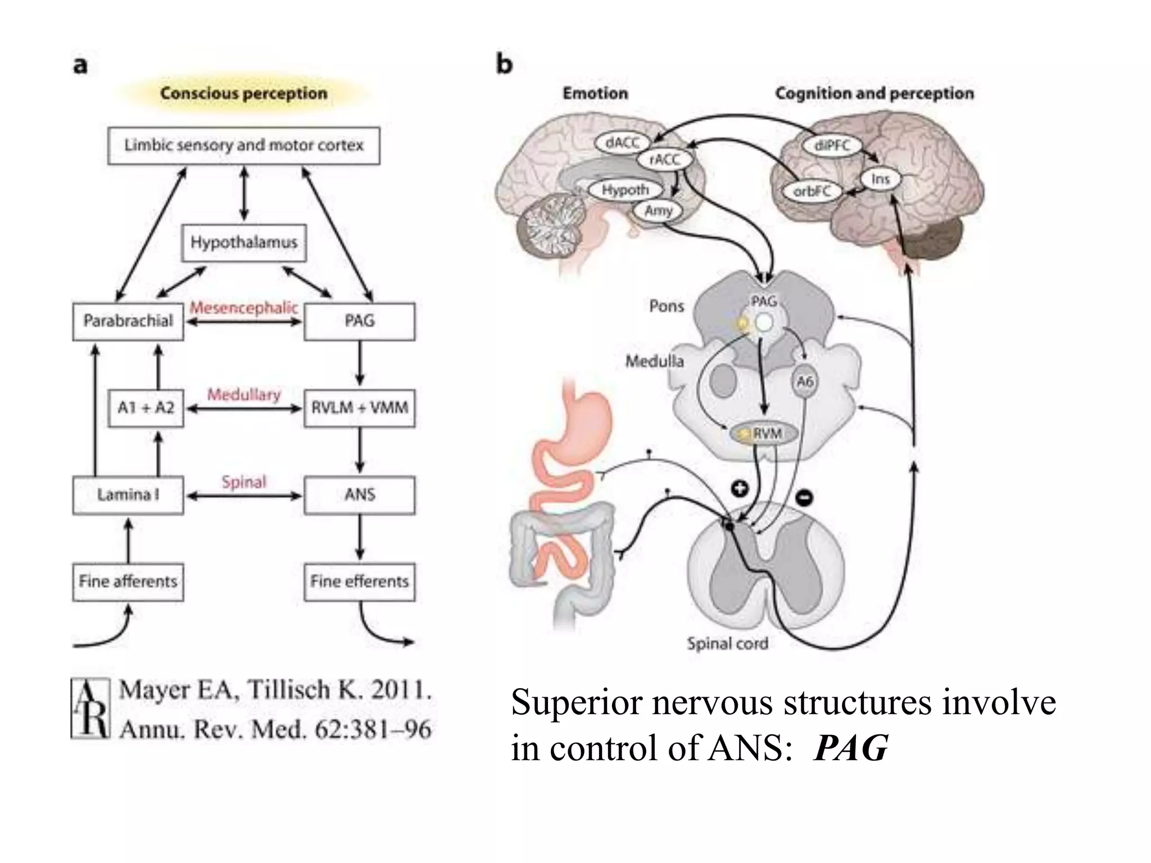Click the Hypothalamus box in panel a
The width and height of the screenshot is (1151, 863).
(244, 243)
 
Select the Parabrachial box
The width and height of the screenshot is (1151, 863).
(128, 321)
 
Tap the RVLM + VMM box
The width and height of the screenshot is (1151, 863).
(360, 407)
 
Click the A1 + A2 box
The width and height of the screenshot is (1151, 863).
(146, 407)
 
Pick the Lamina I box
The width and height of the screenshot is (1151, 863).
(128, 495)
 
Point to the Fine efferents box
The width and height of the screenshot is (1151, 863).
(360, 582)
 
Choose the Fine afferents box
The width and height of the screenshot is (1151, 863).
(128, 582)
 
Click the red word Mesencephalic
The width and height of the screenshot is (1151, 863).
(244, 307)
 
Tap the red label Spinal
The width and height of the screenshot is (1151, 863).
(244, 482)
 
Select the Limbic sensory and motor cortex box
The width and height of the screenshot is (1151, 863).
(244, 146)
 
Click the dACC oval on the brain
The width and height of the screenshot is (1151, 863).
(622, 143)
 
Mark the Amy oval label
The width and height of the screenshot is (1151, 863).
(658, 211)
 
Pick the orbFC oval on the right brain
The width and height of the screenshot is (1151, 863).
(812, 192)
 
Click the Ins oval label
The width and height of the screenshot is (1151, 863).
(880, 179)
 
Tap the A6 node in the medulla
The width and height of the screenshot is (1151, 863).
(805, 381)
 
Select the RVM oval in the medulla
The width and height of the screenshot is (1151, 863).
(764, 433)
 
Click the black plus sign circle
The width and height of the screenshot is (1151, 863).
(740, 488)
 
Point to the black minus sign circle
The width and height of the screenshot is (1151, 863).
(805, 497)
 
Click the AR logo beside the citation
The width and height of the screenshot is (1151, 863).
(90, 708)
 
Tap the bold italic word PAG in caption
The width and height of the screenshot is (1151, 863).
(850, 748)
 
